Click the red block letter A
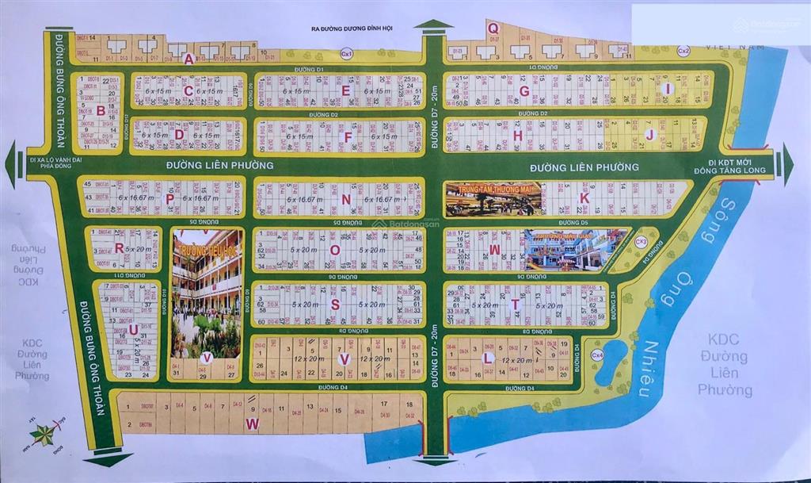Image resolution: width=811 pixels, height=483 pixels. pos(188,58)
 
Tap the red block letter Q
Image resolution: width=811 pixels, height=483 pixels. pos(493,29)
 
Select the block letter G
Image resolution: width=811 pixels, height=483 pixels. pos(524,90)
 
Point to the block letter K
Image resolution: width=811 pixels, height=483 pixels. pos(584,197)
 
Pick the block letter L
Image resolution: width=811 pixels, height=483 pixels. pos(489,357)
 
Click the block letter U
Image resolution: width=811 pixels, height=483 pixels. pos(133,328)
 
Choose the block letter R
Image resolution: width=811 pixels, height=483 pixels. pos(119,247)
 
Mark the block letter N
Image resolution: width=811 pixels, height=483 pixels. pos(346,198)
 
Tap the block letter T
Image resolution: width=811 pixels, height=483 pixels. pos(515,305)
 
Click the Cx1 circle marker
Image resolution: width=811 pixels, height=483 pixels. pos(346,53)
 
